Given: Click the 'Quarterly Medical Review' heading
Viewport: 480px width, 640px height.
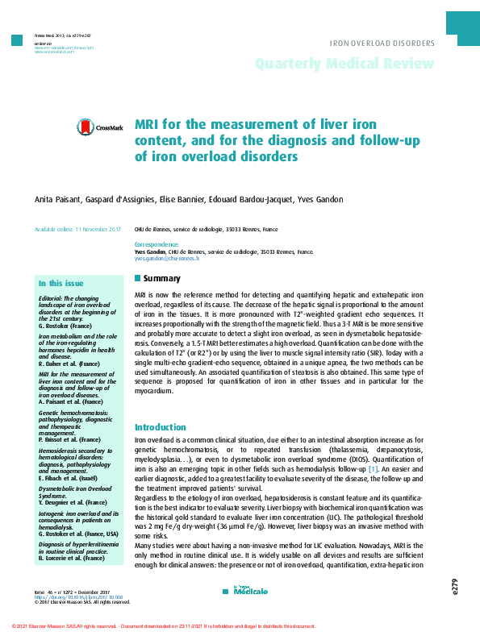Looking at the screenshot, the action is (345, 64).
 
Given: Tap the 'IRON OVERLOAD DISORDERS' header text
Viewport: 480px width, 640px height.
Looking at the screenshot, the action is (382, 43).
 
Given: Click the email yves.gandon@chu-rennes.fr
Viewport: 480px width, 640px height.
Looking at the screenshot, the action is (167, 259).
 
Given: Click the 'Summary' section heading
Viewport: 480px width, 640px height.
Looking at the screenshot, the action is (162, 279).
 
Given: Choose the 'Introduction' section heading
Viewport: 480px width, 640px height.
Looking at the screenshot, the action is (160, 427).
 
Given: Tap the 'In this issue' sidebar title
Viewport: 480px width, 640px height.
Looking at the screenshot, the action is (61, 284).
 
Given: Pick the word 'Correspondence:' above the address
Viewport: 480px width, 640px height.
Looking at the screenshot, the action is (157, 243).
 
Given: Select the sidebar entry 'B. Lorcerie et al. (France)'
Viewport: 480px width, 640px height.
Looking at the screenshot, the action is (72, 557).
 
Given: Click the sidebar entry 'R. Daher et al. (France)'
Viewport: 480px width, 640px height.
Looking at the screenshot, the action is (68, 364).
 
